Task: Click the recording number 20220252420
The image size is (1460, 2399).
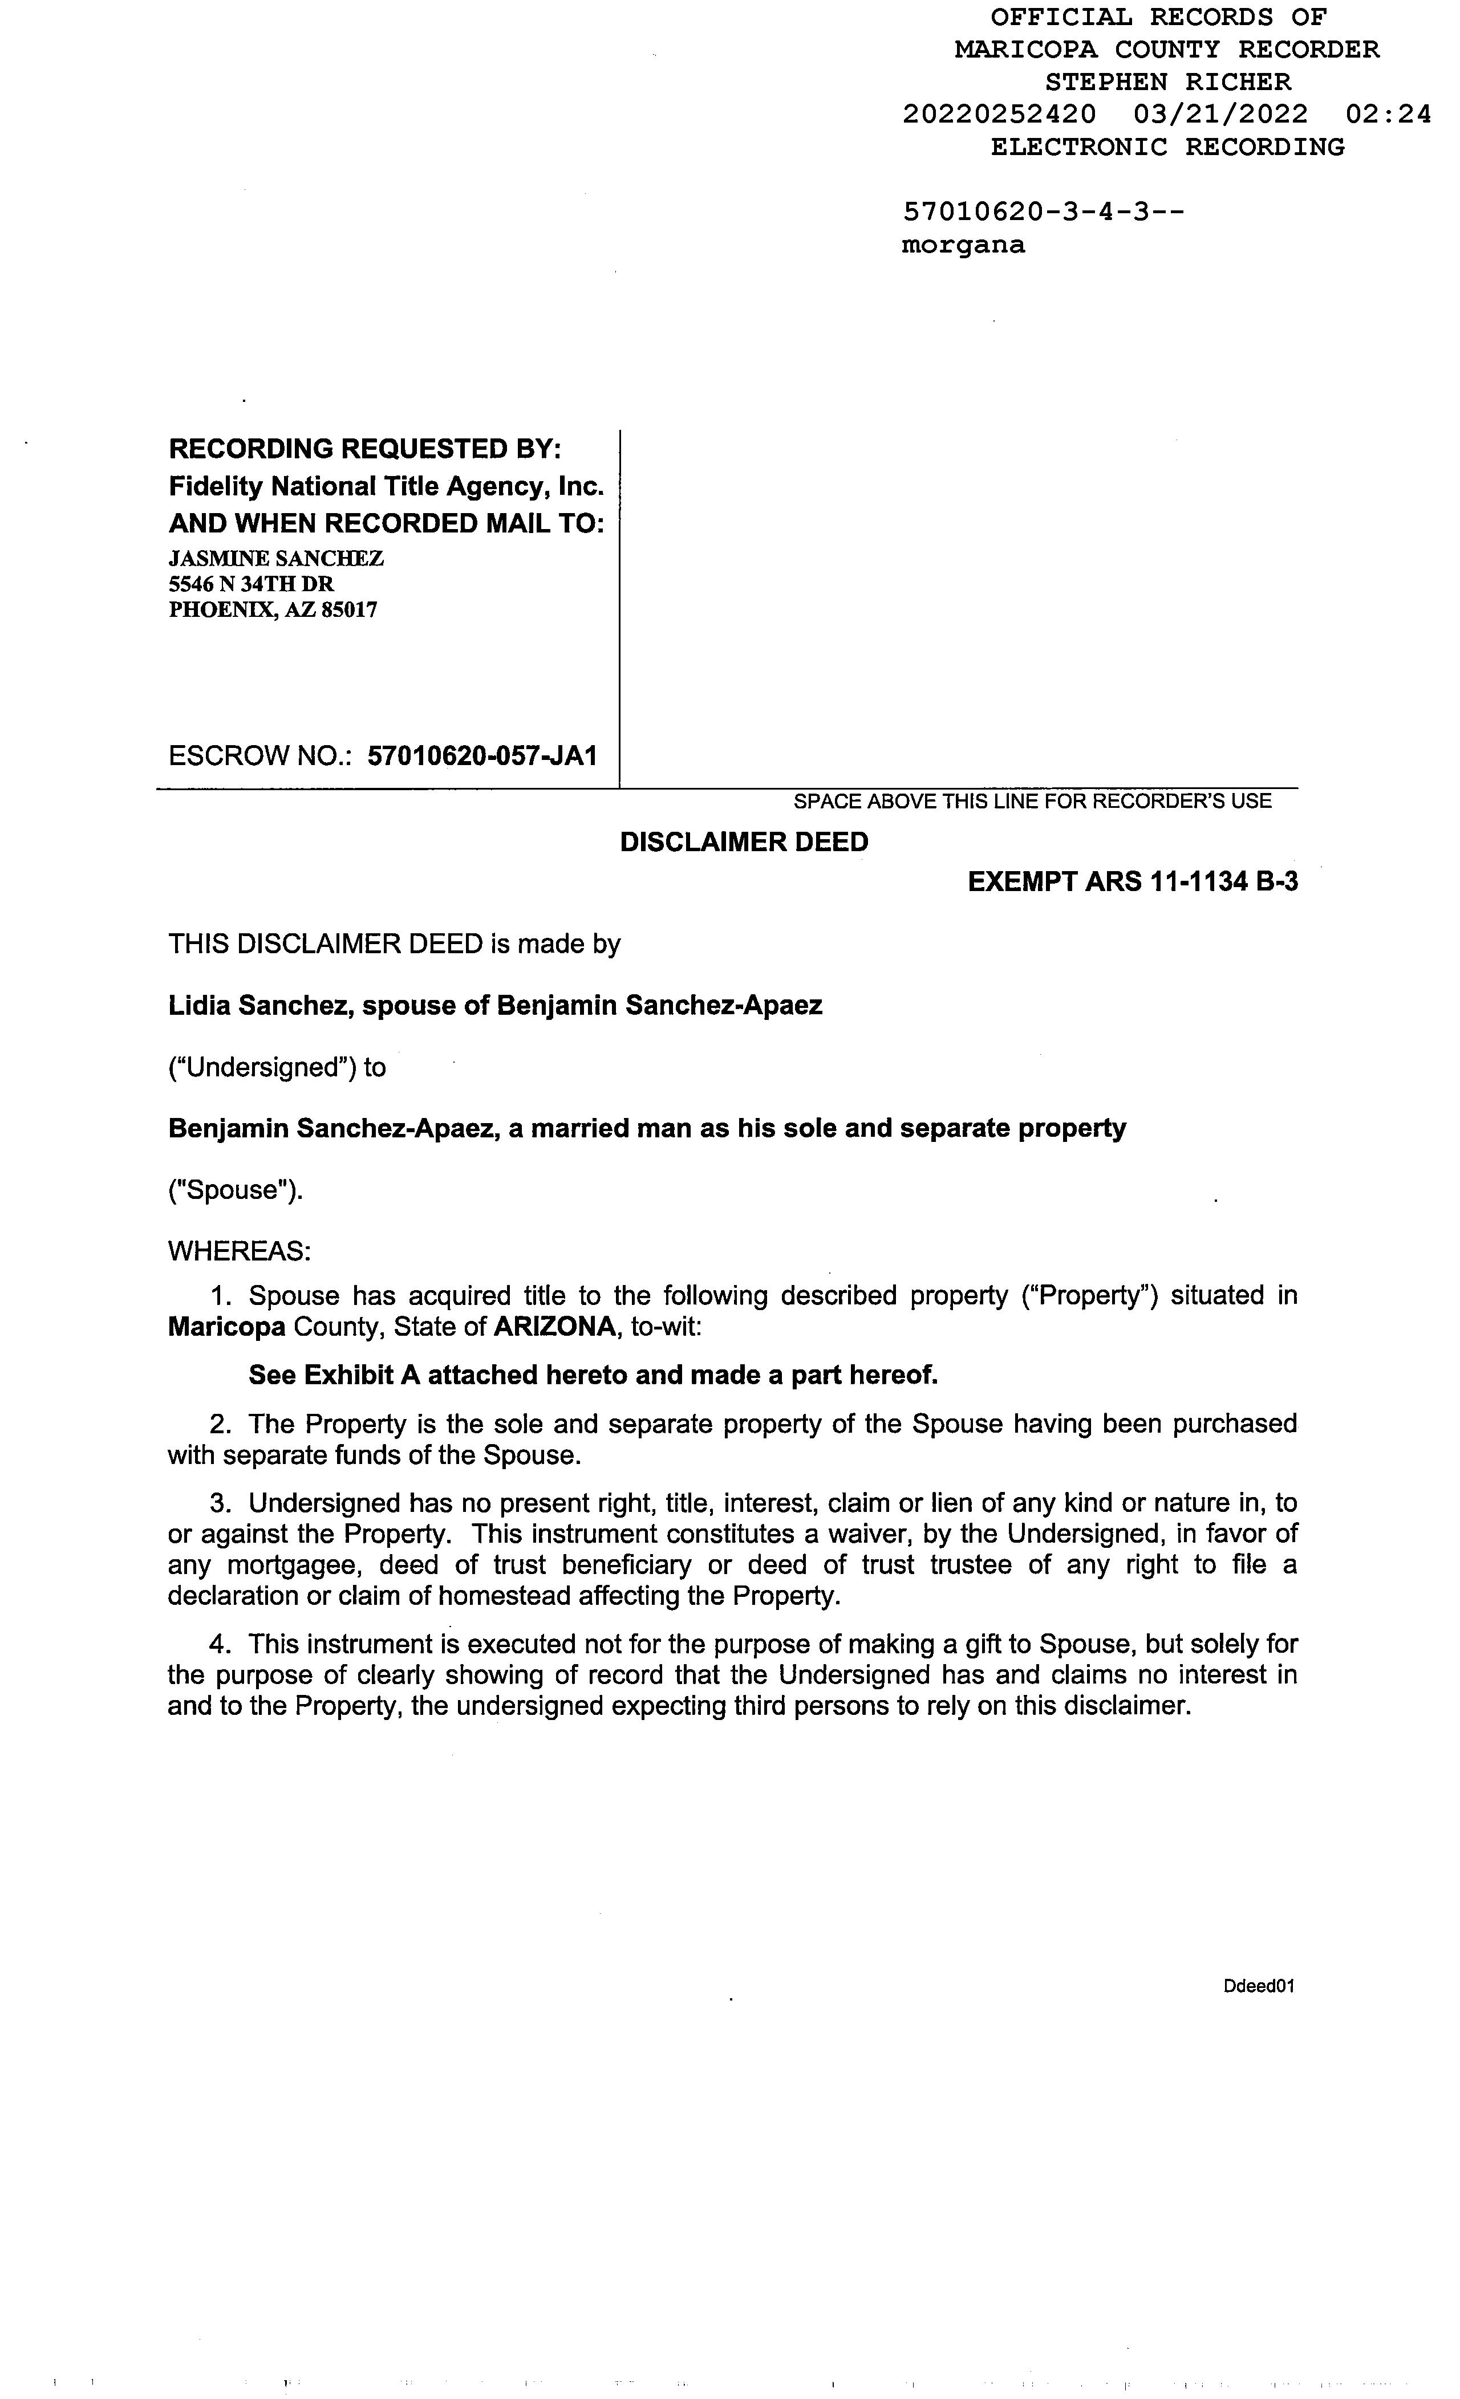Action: [999, 115]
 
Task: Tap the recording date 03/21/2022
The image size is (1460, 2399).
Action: [1220, 115]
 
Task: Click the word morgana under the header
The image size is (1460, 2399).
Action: [962, 245]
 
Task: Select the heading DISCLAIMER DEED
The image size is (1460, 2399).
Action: [744, 842]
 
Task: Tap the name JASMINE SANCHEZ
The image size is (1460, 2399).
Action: [275, 558]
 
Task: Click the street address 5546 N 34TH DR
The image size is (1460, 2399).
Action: [252, 584]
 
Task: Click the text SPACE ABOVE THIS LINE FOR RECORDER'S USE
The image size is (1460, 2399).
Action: [1032, 802]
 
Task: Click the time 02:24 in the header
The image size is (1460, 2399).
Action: [1388, 115]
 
